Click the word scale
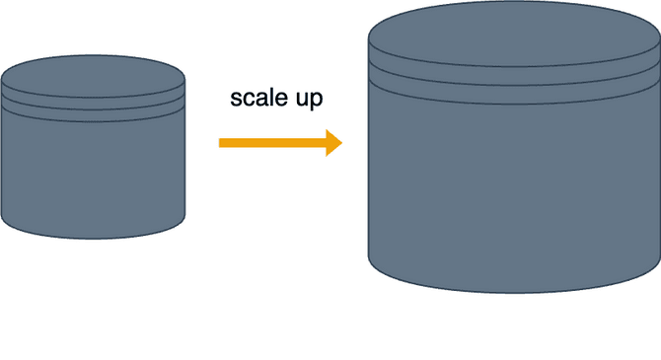coord(258,98)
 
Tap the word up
coord(309,100)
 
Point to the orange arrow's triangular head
coord(333,143)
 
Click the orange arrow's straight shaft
coord(272,143)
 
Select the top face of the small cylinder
coord(93,76)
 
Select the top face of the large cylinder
coord(514,34)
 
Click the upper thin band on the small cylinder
coord(93,104)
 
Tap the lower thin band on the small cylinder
coord(93,116)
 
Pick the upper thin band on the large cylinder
coord(514,76)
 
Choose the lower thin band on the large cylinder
coord(514,95)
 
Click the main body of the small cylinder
coord(93,178)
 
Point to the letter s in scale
coord(236,100)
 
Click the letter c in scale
coord(249,100)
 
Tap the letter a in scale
coord(261,100)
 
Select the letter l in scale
coord(272,98)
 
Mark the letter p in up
coord(317,102)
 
